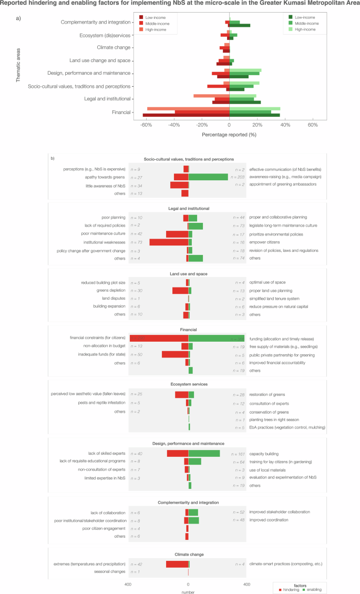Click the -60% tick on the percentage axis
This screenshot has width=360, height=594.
click(146, 126)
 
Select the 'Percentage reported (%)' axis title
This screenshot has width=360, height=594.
click(229, 135)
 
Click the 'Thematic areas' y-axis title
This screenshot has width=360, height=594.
click(19, 65)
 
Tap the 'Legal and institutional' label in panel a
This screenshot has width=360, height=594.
click(107, 99)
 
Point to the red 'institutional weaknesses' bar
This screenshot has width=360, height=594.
click(169, 242)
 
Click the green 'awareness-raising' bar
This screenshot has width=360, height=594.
click(208, 177)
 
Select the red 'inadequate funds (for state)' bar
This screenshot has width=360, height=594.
click(175, 354)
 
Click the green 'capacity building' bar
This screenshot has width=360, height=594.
click(204, 453)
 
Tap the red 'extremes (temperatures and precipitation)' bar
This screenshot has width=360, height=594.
click(177, 564)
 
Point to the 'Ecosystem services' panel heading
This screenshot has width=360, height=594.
click(188, 384)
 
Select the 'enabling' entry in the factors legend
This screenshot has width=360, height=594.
click(314, 589)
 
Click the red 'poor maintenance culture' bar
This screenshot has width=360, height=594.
click(177, 234)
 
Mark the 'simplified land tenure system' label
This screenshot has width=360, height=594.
click(277, 298)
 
